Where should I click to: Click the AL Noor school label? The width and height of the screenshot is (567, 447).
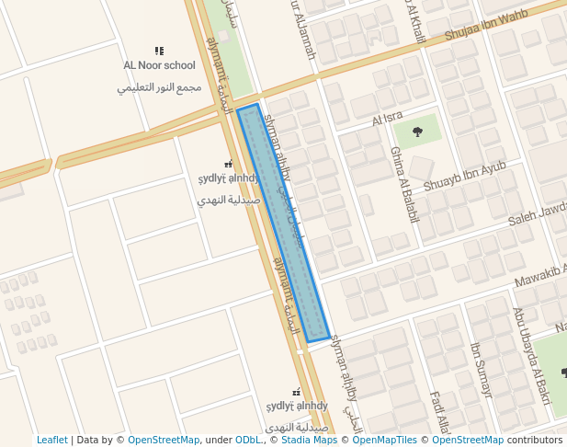(160, 65)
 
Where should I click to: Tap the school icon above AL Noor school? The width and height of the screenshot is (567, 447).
(159, 52)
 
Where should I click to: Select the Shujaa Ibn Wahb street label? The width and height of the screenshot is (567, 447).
(487, 26)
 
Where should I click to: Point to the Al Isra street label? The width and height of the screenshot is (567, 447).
(388, 119)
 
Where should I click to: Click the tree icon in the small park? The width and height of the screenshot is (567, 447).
(418, 132)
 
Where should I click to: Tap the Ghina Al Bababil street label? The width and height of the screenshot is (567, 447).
(404, 185)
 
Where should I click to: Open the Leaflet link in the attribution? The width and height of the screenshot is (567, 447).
(52, 441)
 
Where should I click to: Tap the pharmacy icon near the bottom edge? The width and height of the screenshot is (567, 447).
(296, 392)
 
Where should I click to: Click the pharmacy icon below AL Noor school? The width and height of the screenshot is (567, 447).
(229, 164)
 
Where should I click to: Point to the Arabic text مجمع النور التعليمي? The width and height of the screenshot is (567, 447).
(160, 87)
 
